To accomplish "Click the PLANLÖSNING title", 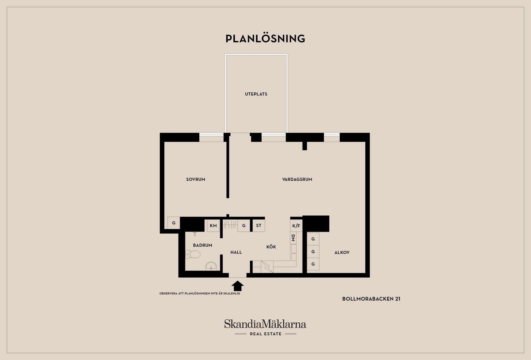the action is point(265,38).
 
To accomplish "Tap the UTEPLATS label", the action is point(256,94).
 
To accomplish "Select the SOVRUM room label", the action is point(196,179).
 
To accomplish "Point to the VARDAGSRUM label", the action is point(297,179).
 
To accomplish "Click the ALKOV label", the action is point(342,252).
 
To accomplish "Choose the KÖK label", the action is point(271,247).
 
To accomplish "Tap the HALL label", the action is point(236,252).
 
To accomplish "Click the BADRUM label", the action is point(202,245).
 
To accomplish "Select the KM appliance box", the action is point(213,226).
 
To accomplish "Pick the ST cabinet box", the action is point(259,226).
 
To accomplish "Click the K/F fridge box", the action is point(296,226).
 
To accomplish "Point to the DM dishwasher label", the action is point(293,238).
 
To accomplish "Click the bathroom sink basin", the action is point(211,266).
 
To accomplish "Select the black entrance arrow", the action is point(237,286).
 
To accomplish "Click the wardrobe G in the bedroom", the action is point(174,223).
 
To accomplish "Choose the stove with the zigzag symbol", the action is point(267,267).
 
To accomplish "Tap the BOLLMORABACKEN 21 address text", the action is point(371,299).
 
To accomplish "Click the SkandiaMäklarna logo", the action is point(265,327).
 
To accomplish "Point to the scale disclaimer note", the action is point(200,293).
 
